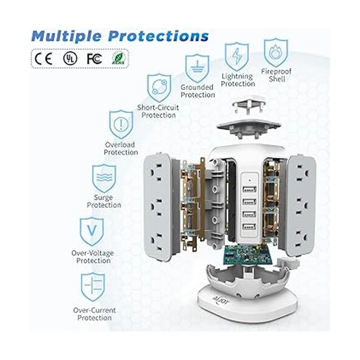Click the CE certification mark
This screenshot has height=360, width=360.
pos(44,58)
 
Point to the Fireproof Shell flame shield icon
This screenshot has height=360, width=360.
pos(276,52)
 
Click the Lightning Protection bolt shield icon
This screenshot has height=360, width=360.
pos(237,57)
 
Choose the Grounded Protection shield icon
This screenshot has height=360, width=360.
pos(197,68)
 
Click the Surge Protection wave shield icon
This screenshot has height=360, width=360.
pos(104,178)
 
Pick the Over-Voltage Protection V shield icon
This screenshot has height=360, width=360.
pos(91,232)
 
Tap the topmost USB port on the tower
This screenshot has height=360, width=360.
pos(249,189)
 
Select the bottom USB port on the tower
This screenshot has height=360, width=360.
pos(249,226)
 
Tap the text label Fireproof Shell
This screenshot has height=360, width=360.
pos(276,75)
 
